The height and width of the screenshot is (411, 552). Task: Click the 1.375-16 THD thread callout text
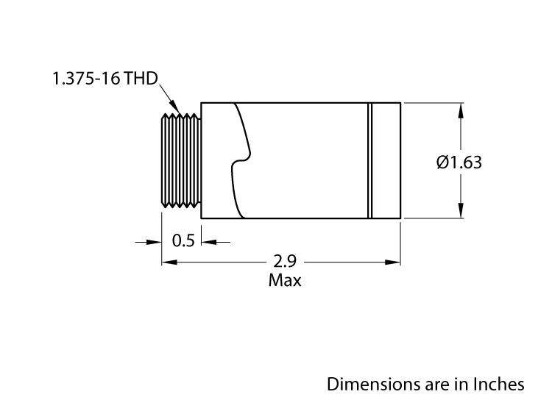pos(105,79)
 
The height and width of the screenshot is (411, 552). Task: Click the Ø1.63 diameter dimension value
pos(459,162)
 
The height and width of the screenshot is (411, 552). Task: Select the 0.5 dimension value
pos(183,240)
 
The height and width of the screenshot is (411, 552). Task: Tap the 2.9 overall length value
pos(286,261)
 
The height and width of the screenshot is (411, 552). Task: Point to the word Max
pos(285,280)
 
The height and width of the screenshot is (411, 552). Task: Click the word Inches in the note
pos(500,384)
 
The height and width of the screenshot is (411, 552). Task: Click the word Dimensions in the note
pos(369,384)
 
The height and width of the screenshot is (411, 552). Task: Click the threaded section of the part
pos(181,160)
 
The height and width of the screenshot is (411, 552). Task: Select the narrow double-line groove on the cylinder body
pos(371,160)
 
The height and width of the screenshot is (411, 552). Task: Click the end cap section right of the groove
pos(386,160)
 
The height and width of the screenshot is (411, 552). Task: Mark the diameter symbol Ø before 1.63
pos(442,162)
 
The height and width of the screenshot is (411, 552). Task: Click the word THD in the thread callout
pos(141,79)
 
